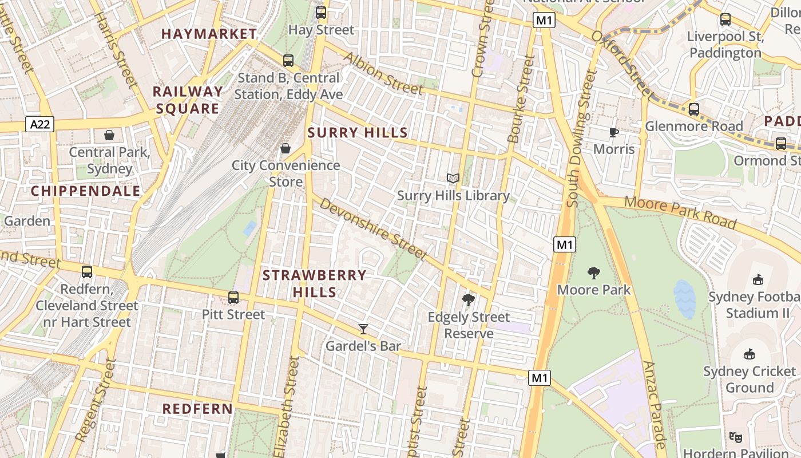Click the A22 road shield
pyautogui.click(x=39, y=124)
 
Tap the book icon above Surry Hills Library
pyautogui.click(x=453, y=179)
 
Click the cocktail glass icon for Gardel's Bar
pyautogui.click(x=363, y=329)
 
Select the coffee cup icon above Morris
pyautogui.click(x=614, y=133)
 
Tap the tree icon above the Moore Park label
pyautogui.click(x=594, y=273)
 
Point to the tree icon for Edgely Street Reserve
pyautogui.click(x=469, y=300)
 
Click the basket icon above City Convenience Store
pyautogui.click(x=285, y=149)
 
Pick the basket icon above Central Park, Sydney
pyautogui.click(x=109, y=136)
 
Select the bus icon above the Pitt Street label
pyautogui.click(x=233, y=298)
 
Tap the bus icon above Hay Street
pyautogui.click(x=321, y=13)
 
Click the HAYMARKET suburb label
pyautogui.click(x=209, y=34)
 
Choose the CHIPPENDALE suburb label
pyautogui.click(x=86, y=191)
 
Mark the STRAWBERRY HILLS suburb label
pyautogui.click(x=314, y=284)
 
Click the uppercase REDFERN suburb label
pyautogui.click(x=197, y=409)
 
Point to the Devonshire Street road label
pyautogui.click(x=373, y=229)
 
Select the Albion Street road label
pyautogui.click(x=383, y=74)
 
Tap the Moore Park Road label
pyautogui.click(x=680, y=212)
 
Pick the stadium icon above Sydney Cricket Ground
pyautogui.click(x=750, y=354)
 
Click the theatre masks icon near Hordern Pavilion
pyautogui.click(x=736, y=437)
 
